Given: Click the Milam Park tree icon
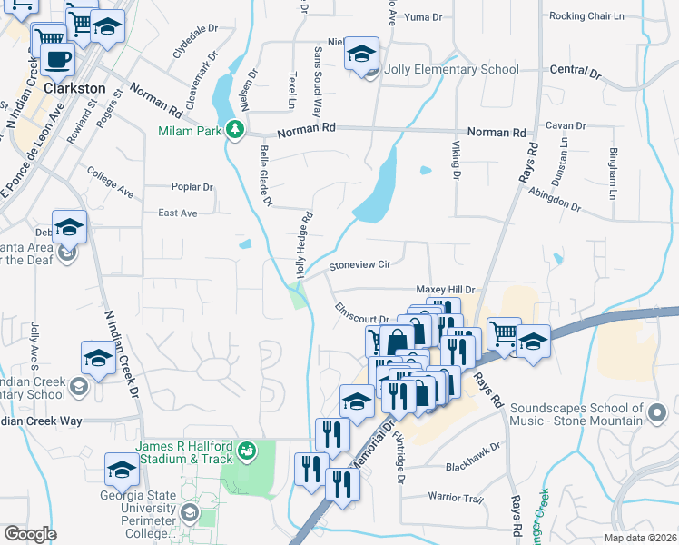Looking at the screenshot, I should (x=235, y=130).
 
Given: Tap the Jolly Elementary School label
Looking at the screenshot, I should (x=451, y=69).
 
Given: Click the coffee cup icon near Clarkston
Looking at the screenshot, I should (x=58, y=60).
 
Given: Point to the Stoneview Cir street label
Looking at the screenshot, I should (x=359, y=264).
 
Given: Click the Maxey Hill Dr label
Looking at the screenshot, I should (x=446, y=289).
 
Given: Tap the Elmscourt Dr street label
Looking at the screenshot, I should (x=359, y=312).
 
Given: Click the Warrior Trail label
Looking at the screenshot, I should (x=456, y=497).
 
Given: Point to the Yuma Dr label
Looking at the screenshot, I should (x=422, y=16).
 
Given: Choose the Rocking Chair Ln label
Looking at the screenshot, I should (x=586, y=16).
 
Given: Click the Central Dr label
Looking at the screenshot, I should (x=576, y=70).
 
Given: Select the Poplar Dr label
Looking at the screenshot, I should (x=192, y=187).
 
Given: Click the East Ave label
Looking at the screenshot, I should (x=177, y=213).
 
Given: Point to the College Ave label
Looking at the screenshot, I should (x=110, y=180).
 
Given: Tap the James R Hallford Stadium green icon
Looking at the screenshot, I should (x=245, y=451).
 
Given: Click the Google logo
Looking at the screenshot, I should (x=29, y=534).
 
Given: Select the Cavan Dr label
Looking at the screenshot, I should (x=563, y=125).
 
